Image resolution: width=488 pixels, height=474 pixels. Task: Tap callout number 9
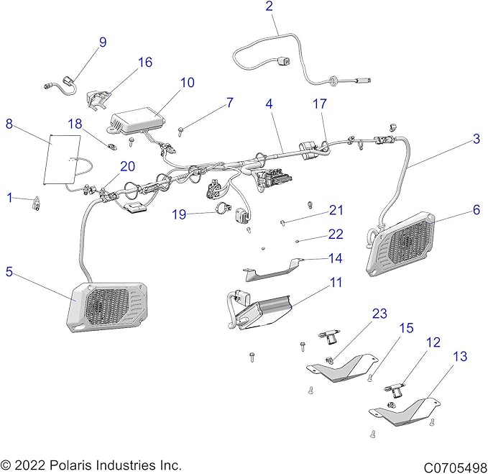[x=102, y=42]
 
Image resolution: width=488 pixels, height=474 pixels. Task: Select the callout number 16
[x=144, y=63]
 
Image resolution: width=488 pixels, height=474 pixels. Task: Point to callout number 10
[x=187, y=83]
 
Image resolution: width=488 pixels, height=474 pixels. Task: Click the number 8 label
[x=9, y=123]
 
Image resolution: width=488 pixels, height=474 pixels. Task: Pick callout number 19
[x=180, y=214]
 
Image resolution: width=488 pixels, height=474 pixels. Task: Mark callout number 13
[x=459, y=355]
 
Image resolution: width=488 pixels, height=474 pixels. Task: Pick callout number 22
[x=336, y=234]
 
